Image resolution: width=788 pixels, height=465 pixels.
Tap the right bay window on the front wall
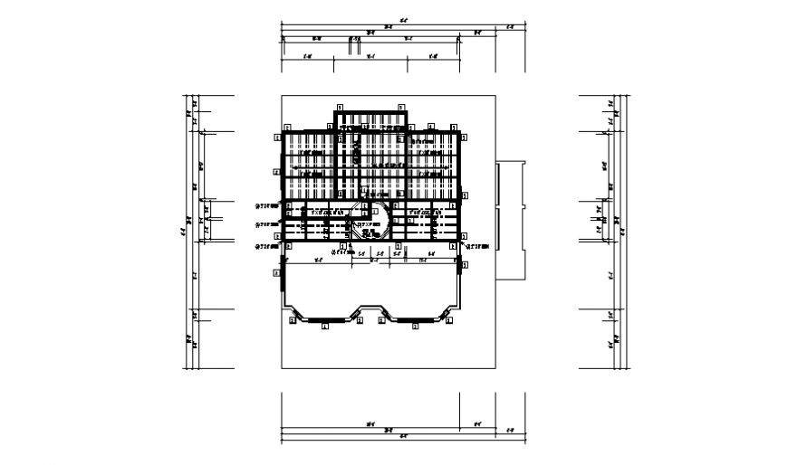[416, 313]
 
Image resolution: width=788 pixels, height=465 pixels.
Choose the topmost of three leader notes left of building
[265, 204]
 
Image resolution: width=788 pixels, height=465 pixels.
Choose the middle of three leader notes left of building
[265, 223]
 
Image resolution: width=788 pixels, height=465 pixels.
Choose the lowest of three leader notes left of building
[265, 246]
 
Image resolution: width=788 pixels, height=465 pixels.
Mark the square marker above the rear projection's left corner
[337, 106]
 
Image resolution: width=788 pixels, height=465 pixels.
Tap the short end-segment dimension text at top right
[509, 26]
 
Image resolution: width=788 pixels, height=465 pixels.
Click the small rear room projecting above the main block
[370, 121]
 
